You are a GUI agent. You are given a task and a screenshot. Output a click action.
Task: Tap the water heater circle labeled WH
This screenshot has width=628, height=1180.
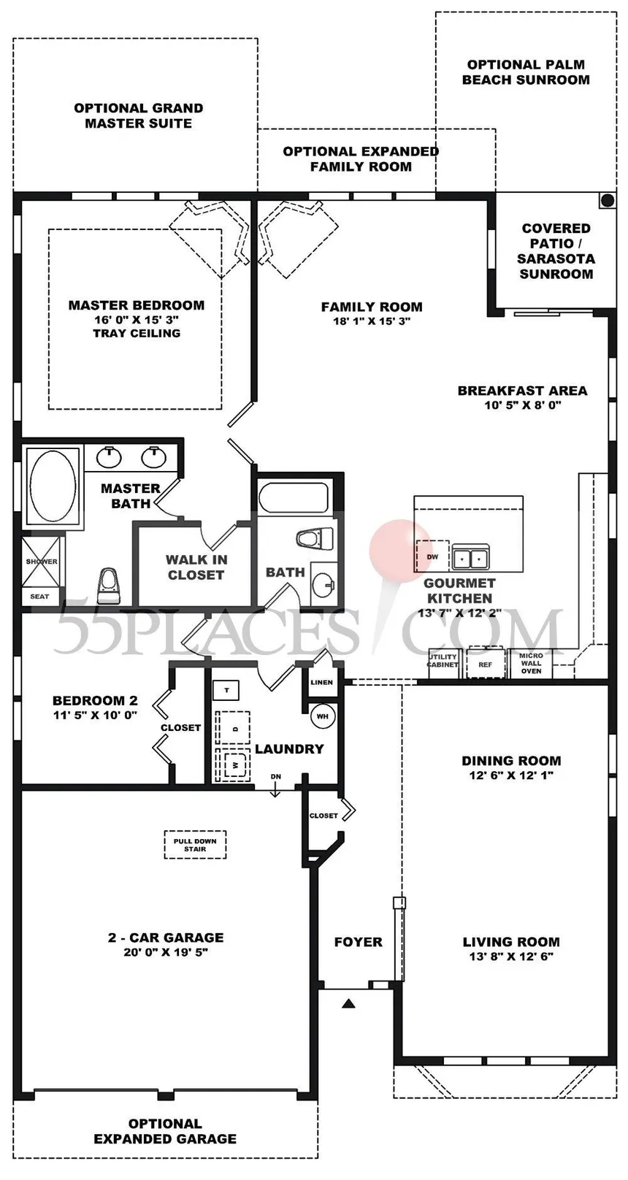(x=322, y=716)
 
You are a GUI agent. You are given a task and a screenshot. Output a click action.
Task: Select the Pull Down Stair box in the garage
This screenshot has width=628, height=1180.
(x=195, y=845)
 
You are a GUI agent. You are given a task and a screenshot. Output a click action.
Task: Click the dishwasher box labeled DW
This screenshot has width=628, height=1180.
(x=432, y=556)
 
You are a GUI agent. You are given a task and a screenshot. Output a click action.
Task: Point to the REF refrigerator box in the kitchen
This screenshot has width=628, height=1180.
(x=485, y=664)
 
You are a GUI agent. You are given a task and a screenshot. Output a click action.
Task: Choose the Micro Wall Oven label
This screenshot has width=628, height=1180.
(x=531, y=663)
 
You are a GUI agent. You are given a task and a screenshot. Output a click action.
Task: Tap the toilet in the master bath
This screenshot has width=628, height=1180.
(x=108, y=586)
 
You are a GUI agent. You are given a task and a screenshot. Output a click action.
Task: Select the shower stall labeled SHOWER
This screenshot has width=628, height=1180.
(x=41, y=562)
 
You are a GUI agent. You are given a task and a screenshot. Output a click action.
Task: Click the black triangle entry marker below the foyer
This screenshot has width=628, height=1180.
(x=347, y=1004)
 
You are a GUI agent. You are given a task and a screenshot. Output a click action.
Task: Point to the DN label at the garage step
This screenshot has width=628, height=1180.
(x=276, y=776)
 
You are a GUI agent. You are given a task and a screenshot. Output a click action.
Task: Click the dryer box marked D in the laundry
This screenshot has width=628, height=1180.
(x=232, y=727)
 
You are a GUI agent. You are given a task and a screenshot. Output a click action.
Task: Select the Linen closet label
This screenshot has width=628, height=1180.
(x=321, y=682)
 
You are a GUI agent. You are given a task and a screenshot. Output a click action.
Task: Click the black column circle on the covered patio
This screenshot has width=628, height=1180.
(x=608, y=200)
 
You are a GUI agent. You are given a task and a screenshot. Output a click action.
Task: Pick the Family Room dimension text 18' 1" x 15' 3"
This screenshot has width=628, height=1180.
(x=372, y=321)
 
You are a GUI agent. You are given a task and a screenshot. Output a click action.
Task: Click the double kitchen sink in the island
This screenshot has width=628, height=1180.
(x=470, y=557)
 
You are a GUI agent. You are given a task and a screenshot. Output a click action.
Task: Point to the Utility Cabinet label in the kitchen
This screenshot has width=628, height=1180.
(x=443, y=661)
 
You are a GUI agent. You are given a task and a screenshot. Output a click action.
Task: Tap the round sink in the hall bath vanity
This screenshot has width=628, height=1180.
(x=323, y=583)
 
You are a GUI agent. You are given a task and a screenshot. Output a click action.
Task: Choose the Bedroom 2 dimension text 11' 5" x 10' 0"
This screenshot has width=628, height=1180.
(x=95, y=715)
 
